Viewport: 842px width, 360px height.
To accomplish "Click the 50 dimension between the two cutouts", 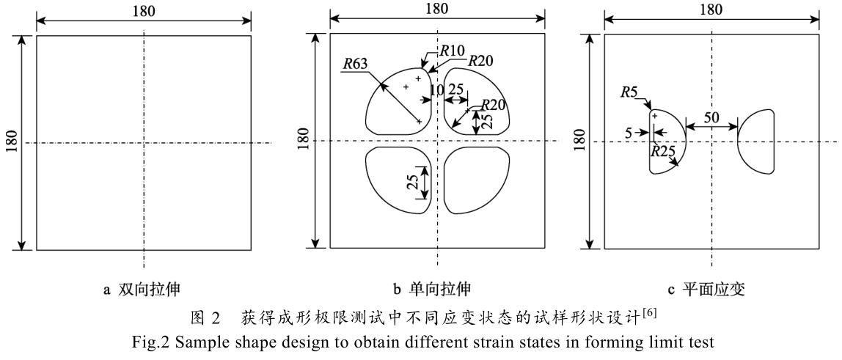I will point(711,117).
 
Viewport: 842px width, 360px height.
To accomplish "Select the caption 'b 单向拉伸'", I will point(437,290).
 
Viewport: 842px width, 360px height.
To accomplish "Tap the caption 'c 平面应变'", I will point(713,290).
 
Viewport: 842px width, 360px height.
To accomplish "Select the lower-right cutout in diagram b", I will point(477,180).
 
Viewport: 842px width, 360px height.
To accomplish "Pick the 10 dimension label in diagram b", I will point(436,89).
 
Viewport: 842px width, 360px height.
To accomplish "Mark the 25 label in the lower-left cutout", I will point(414,181).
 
